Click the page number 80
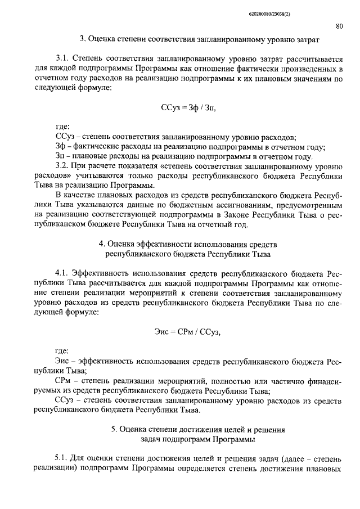[x=339, y=26]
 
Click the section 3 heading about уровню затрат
[x=199, y=40]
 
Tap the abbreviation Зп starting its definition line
[x=61, y=156]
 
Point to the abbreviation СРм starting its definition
[x=64, y=381]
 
